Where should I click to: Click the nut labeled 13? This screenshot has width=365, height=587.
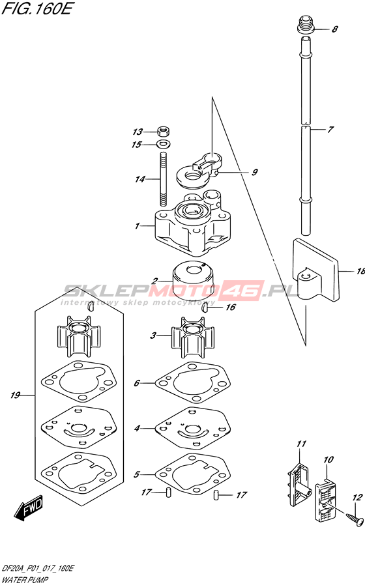coord(164,132)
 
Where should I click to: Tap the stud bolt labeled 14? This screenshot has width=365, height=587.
coord(163,179)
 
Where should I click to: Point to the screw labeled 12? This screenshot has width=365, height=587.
coord(353,518)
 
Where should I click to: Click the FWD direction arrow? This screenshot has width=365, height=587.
coord(29,508)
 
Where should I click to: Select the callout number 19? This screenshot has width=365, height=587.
coord(16,395)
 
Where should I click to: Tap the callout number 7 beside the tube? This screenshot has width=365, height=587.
coord(330,130)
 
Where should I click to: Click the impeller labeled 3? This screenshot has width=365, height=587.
coord(193,337)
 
